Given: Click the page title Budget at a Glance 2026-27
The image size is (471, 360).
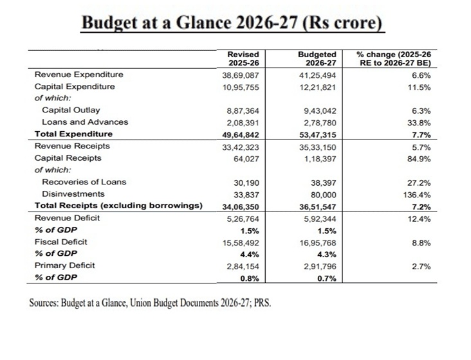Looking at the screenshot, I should (233, 22).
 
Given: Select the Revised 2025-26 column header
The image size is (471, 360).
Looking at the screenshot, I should (243, 59).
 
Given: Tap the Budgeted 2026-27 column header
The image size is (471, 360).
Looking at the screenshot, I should (318, 59).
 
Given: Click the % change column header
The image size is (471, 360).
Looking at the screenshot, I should (393, 59).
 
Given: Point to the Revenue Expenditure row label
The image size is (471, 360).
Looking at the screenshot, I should (78, 75).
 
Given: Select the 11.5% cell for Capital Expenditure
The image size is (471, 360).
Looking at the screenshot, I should (419, 86).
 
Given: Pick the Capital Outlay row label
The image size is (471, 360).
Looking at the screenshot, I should (71, 111).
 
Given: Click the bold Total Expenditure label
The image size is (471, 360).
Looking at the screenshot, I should (73, 134).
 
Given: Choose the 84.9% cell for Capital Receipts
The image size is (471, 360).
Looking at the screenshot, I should (419, 158).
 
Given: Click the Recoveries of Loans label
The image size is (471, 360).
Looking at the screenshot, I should (84, 182).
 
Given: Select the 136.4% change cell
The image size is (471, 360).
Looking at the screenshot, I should (417, 194).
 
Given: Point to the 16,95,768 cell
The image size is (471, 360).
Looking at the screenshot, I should (318, 242).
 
